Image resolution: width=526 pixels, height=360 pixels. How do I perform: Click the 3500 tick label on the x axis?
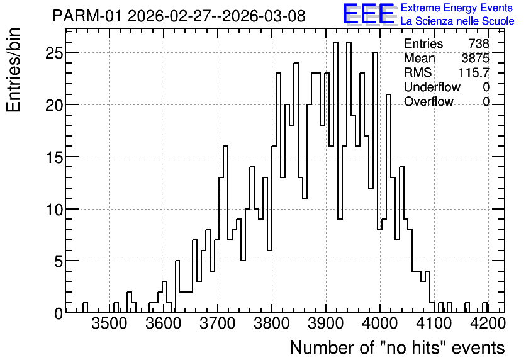(109, 324)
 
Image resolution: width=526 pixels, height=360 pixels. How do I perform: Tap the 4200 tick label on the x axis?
(488, 324)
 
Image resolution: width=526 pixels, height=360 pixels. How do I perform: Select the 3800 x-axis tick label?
(272, 324)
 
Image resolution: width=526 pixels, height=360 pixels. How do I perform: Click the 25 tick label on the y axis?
(54, 53)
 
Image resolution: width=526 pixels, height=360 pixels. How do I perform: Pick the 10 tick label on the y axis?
(54, 210)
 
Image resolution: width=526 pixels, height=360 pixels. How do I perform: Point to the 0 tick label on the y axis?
(59, 313)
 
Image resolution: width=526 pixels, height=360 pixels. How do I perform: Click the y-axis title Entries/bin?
(13, 70)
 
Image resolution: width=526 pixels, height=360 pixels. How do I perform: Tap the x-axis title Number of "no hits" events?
(397, 347)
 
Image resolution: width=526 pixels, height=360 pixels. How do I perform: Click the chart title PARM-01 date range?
(179, 16)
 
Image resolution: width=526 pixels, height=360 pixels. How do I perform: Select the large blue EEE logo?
(369, 14)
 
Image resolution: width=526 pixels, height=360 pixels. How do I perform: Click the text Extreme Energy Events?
(457, 8)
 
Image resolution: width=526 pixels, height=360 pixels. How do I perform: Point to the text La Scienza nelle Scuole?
(457, 21)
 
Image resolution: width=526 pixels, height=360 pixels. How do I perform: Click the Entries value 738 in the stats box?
(479, 43)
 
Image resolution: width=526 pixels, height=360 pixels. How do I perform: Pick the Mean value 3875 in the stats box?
(475, 58)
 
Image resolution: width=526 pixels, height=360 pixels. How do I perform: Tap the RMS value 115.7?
(474, 72)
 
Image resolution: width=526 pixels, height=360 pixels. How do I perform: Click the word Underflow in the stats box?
(432, 87)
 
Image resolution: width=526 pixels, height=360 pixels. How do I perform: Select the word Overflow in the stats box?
(428, 101)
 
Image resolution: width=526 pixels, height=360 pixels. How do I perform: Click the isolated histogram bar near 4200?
(485, 308)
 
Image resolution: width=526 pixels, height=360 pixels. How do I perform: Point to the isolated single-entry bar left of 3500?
(85, 308)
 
